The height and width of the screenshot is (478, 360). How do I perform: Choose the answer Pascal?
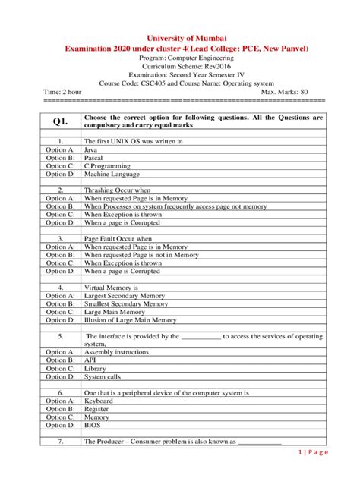[x=95, y=158]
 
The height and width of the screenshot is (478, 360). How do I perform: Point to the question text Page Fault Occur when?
[x=118, y=238]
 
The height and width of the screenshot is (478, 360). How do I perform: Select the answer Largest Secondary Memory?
[x=125, y=295]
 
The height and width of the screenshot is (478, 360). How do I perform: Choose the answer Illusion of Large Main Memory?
[x=130, y=319]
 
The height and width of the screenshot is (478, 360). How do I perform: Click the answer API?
[x=90, y=360]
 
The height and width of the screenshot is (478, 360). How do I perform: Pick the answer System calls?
[x=103, y=376]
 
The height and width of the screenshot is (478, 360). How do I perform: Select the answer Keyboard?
[x=99, y=401]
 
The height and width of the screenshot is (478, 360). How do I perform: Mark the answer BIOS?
[x=93, y=425]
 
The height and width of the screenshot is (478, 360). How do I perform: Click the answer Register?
[x=97, y=409]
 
